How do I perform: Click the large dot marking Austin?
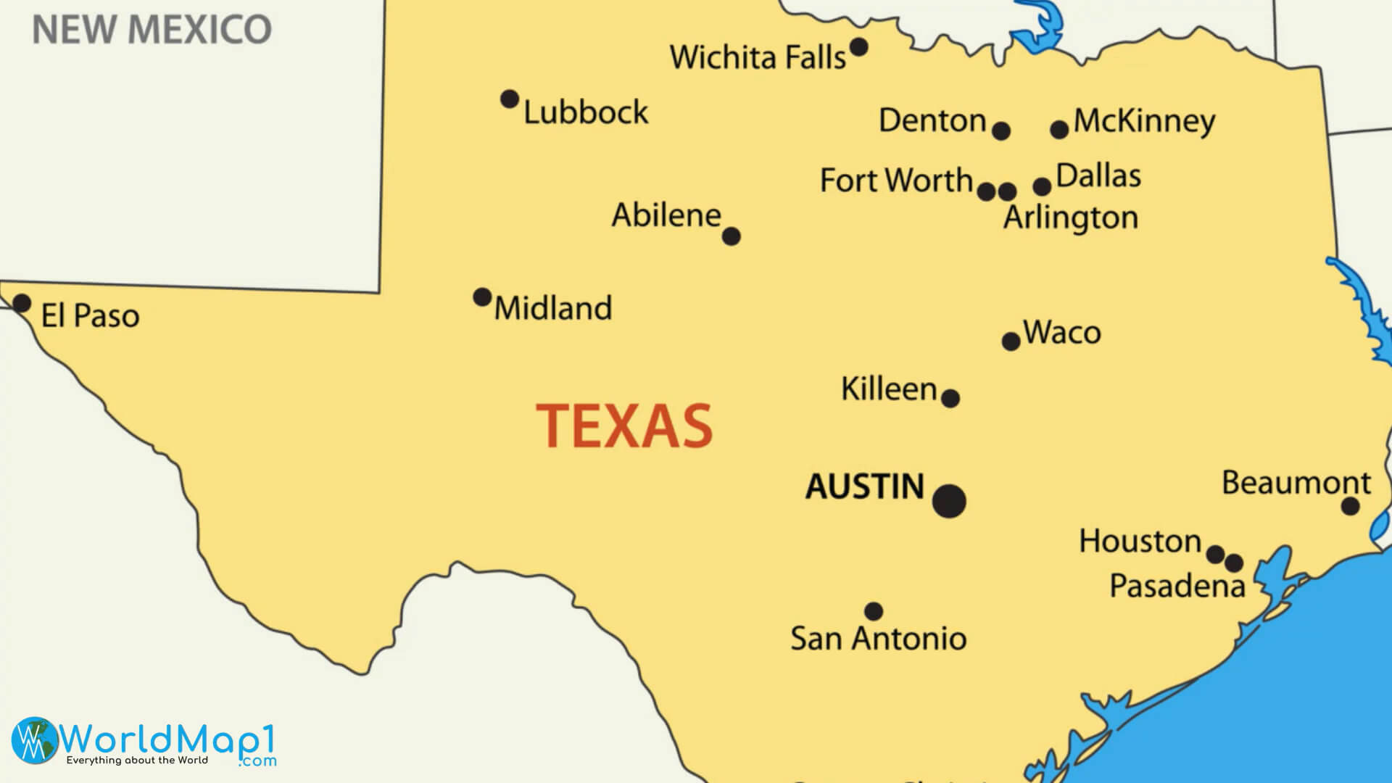tap(949, 501)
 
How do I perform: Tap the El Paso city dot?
tap(22, 303)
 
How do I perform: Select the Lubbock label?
tap(586, 112)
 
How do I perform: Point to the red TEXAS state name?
tap(624, 426)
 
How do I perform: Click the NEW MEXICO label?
tap(152, 29)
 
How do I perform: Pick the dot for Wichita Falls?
tap(858, 47)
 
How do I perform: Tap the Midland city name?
tap(553, 308)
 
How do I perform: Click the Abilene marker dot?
tap(732, 236)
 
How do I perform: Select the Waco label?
tap(1062, 333)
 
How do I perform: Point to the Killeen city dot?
tap(950, 398)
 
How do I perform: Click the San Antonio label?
tap(878, 639)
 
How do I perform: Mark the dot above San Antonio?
tap(874, 611)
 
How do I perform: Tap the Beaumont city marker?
tap(1350, 506)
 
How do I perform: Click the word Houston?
tap(1140, 542)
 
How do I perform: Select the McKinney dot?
tap(1059, 130)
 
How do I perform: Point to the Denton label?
tap(932, 120)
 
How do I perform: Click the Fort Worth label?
tap(896, 181)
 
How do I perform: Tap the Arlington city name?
tap(1071, 217)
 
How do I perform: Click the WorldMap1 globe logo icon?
tap(35, 739)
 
